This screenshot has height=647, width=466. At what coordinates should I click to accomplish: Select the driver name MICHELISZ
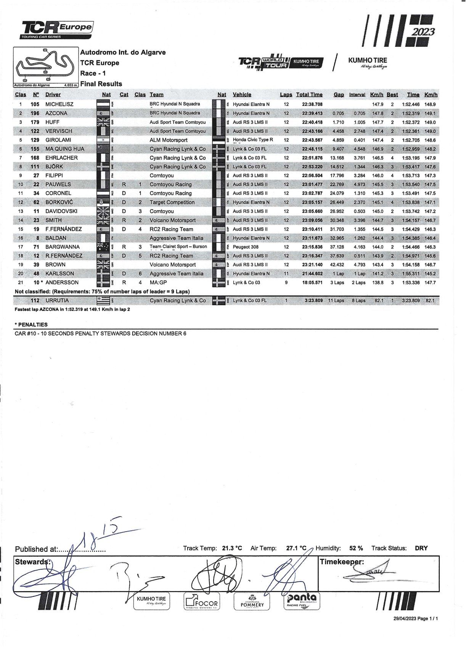59,104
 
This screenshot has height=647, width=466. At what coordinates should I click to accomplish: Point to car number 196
35,113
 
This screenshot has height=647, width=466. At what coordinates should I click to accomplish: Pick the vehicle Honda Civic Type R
253,140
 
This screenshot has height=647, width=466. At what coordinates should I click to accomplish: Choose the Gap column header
338,95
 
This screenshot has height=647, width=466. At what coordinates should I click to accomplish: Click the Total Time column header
309,95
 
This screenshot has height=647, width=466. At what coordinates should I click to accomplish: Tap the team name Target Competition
172,202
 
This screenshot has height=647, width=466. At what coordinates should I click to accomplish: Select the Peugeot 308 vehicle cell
246,247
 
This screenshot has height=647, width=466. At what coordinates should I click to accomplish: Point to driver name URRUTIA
57,301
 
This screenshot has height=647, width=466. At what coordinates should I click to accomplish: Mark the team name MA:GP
158,283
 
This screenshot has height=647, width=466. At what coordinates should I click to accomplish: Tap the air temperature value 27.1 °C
296,548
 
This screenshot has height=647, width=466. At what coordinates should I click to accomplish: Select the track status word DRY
421,548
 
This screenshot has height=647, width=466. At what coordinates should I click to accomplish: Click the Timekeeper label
342,562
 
